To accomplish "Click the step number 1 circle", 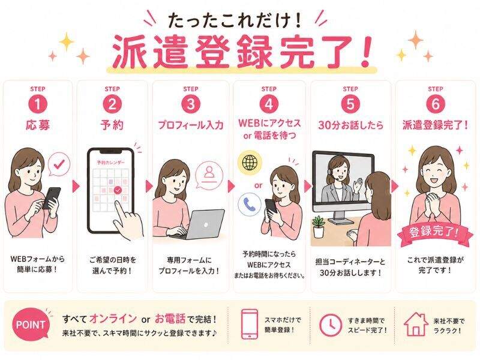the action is [x=38, y=104].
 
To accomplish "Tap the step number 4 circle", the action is [x=269, y=104].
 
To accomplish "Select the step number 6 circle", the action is [x=436, y=104].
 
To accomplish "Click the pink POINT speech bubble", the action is [x=31, y=324].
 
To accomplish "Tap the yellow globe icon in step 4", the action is [x=250, y=163].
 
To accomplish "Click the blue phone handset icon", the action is [x=250, y=204].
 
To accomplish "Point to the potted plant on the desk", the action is [x=319, y=227].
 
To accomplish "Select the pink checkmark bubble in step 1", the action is [x=59, y=166].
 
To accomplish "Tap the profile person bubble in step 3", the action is [x=209, y=175].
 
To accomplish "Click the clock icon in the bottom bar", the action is [x=331, y=325].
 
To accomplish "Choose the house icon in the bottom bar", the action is [x=416, y=324].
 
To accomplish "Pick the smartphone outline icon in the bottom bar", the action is [x=250, y=324].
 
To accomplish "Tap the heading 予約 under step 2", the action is [x=112, y=125].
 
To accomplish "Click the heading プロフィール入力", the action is [x=190, y=125].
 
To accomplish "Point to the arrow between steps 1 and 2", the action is [x=76, y=187].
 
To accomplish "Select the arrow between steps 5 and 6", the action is [x=395, y=187].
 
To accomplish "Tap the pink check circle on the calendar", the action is [x=118, y=190].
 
